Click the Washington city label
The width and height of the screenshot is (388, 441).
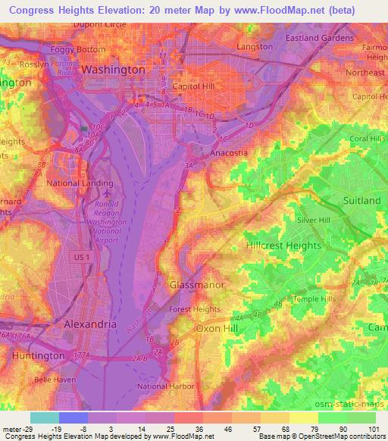point(112,69)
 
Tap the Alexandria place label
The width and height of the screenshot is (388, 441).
point(89,324)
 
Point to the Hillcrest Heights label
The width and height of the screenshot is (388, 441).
point(284,246)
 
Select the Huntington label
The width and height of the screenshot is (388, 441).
point(37,355)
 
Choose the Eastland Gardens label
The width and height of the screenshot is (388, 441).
point(319,38)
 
